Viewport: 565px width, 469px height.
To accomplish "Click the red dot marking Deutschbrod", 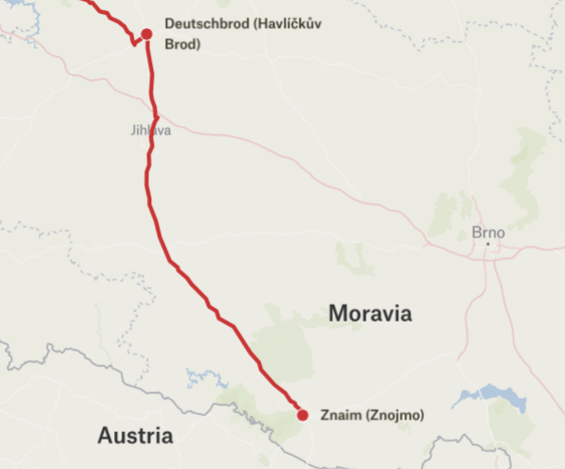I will pyautogui.click(x=146, y=34).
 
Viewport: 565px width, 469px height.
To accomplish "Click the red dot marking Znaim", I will pyautogui.click(x=302, y=415).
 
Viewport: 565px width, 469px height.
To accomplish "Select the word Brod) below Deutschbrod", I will pyautogui.click(x=182, y=44).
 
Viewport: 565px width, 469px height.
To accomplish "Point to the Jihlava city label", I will pyautogui.click(x=151, y=131).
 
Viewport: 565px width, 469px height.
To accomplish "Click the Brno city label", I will pyautogui.click(x=488, y=233).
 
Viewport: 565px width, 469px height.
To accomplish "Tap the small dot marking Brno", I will pyautogui.click(x=488, y=245).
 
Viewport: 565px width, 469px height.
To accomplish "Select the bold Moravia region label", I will pyautogui.click(x=370, y=313).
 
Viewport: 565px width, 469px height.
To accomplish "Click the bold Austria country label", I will pyautogui.click(x=135, y=435).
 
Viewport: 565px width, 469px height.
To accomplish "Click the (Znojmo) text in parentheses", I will pyautogui.click(x=392, y=415).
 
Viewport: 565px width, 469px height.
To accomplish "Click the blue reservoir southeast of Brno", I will pyautogui.click(x=492, y=397).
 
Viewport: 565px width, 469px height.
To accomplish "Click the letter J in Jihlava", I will pyautogui.click(x=134, y=131).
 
